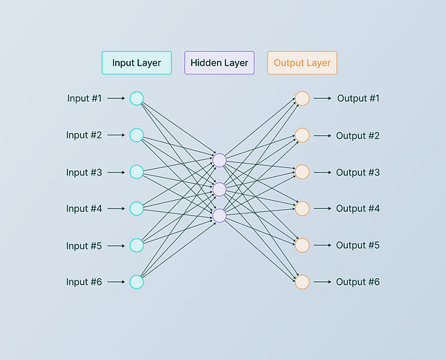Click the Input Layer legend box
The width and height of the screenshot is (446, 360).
pyautogui.click(x=137, y=62)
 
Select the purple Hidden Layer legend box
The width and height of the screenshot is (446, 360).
pyautogui.click(x=219, y=62)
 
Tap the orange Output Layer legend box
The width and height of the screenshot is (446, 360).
pyautogui.click(x=302, y=62)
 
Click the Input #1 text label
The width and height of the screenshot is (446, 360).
pyautogui.click(x=84, y=98)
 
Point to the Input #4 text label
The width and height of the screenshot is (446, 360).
pyautogui.click(x=84, y=209)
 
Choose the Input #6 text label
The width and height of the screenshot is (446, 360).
pyautogui.click(x=84, y=282)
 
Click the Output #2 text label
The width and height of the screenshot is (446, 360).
pyautogui.click(x=358, y=135)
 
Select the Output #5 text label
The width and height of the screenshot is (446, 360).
pyautogui.click(x=358, y=245)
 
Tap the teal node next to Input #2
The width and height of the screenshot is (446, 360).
pyautogui.click(x=136, y=135)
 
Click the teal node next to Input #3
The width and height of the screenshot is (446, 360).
pyautogui.click(x=136, y=172)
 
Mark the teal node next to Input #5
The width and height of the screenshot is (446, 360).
pyautogui.click(x=136, y=245)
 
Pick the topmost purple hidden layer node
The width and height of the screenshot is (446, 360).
pyautogui.click(x=219, y=160)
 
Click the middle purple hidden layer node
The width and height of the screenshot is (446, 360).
pyautogui.click(x=219, y=189)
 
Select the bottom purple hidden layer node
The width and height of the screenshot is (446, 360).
pyautogui.click(x=219, y=216)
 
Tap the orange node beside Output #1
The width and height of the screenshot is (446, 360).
pyautogui.click(x=302, y=98)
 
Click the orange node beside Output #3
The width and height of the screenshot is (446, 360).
pyautogui.click(x=302, y=172)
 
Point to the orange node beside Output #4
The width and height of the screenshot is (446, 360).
pyautogui.click(x=302, y=208)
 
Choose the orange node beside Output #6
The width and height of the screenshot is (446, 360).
pyautogui.click(x=302, y=282)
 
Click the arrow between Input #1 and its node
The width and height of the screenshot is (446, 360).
pyautogui.click(x=116, y=98)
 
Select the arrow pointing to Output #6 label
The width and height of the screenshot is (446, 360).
pyautogui.click(x=322, y=282)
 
